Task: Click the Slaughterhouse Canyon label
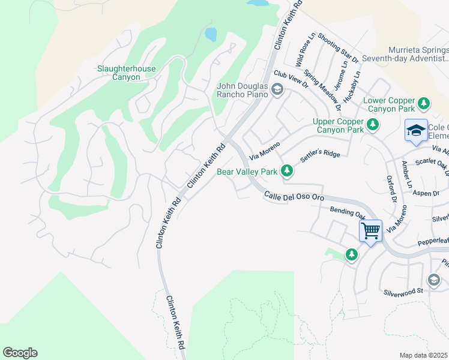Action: click(126, 73)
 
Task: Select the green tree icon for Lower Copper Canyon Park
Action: click(424, 104)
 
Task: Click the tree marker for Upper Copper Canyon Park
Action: click(373, 125)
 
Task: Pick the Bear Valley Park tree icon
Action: click(287, 172)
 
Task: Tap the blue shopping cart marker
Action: click(370, 230)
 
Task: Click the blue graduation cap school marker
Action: click(415, 130)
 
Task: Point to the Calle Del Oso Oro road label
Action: click(294, 196)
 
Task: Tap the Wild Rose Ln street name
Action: click(304, 51)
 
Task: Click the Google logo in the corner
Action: click(20, 353)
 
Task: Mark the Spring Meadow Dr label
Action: click(322, 90)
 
